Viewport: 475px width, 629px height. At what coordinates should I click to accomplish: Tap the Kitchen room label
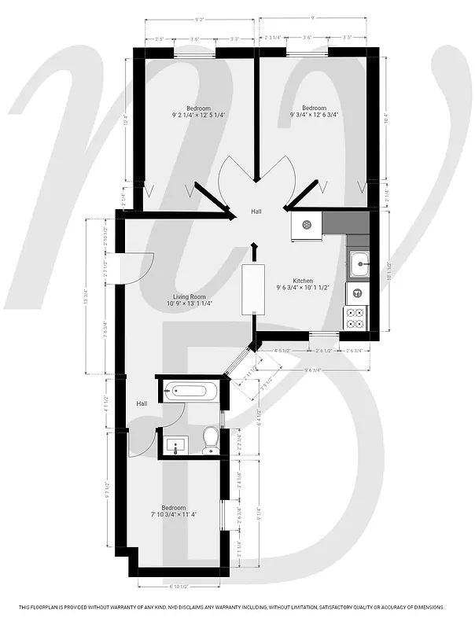pyautogui.click(x=304, y=281)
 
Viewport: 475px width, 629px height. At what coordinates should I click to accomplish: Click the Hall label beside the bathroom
pyautogui.click(x=142, y=403)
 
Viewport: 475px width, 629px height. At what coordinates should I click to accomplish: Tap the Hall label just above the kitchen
pyautogui.click(x=256, y=212)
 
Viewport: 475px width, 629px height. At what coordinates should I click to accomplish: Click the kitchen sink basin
pyautogui.click(x=359, y=264)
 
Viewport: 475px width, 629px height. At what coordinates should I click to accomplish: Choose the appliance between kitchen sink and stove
pyautogui.click(x=356, y=292)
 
